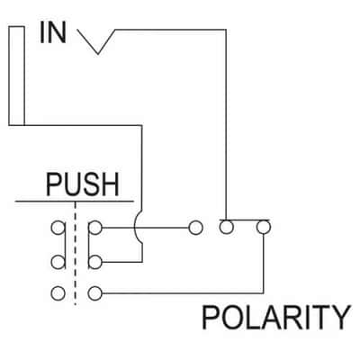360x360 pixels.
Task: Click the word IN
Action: pos(53,33)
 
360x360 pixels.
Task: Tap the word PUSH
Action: pos(83,184)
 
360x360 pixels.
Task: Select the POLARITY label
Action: pos(276,317)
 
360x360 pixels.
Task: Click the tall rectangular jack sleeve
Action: pos(16,76)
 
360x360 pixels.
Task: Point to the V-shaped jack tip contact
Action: pos(97,53)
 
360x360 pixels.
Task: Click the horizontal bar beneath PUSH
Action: pos(74,201)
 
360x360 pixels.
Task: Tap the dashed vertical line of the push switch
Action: pos(75,254)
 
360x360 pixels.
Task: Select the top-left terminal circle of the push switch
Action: pos(58,228)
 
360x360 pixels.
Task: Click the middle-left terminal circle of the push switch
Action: pos(58,262)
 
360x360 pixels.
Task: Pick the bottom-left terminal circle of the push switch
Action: pos(58,293)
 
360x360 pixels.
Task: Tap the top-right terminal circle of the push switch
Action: pos(95,228)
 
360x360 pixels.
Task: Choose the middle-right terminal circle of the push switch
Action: pos(95,262)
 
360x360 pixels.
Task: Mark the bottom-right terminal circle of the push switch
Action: pos(95,293)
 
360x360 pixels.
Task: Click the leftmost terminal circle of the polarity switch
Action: pos(195,228)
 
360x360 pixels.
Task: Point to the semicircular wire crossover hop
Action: pos(136,228)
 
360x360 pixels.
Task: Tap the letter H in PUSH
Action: pos(110,185)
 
